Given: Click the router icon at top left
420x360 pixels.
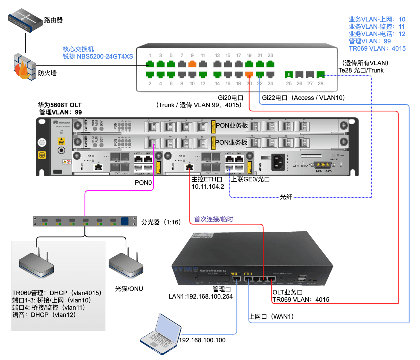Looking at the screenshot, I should click(x=25, y=20).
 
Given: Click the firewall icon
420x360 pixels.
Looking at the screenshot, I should click(x=25, y=67).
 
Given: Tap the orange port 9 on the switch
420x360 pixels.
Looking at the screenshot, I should click(x=192, y=64).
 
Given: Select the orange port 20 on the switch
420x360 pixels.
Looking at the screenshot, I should click(x=249, y=74).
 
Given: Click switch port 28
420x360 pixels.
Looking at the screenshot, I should click(x=320, y=74).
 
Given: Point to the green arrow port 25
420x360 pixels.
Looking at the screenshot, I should click(x=289, y=74).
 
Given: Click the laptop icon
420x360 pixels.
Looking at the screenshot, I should click(x=160, y=334).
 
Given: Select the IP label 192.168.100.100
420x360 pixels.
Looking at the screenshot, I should click(x=202, y=340).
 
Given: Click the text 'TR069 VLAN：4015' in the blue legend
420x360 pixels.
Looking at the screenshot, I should click(x=377, y=49).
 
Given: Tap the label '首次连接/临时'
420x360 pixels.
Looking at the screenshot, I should click(x=213, y=219).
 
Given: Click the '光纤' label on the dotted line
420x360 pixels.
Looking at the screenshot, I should click(x=286, y=197).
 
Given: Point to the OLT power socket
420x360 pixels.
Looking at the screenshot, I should click(x=278, y=162).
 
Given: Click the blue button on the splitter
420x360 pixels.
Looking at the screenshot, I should click(x=125, y=221).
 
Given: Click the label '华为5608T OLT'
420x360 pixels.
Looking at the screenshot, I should click(x=60, y=105).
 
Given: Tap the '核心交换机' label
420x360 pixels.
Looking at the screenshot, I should click(x=78, y=49).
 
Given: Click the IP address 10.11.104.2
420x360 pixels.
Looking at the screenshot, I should click(x=208, y=187).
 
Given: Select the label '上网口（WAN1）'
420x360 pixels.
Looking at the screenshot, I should click(x=271, y=317).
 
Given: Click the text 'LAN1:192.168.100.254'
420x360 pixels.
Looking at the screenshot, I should click(x=201, y=297).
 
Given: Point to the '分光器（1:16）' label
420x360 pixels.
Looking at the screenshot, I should click(x=161, y=222).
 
